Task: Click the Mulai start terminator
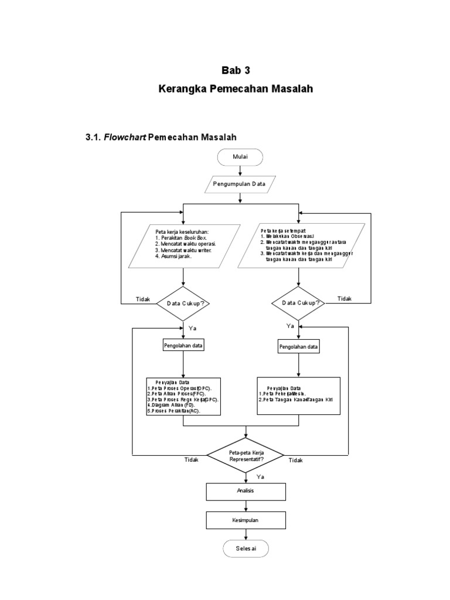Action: tap(240, 157)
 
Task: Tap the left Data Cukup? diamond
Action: tap(185, 304)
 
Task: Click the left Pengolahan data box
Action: tap(184, 346)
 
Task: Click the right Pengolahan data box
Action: tap(299, 347)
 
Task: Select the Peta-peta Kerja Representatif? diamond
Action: tap(246, 455)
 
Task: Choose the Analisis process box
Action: tap(246, 491)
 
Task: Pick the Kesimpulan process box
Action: tap(246, 520)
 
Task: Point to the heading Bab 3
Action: tap(236, 71)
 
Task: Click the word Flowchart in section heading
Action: tap(125, 137)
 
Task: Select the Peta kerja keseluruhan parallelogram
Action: tap(184, 247)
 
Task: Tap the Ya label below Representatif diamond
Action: tap(261, 477)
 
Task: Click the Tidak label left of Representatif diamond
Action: tap(192, 461)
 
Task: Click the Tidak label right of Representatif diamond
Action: tap(295, 461)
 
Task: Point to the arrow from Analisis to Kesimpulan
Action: tap(246, 506)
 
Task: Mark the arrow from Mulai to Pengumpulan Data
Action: tap(240, 171)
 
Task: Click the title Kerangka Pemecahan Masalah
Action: tap(236, 90)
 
